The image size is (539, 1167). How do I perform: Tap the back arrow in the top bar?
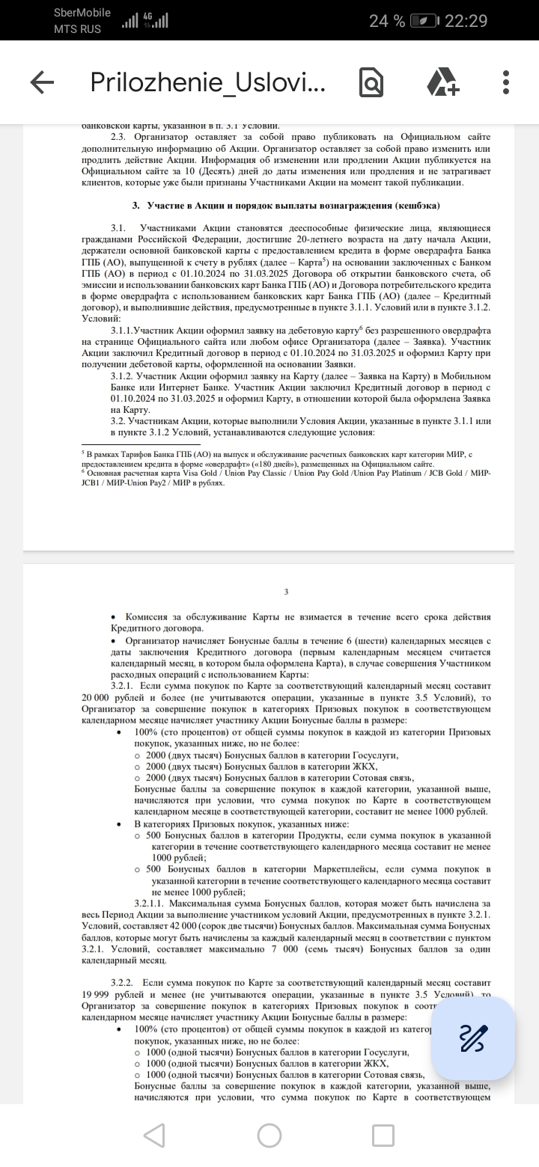(x=42, y=82)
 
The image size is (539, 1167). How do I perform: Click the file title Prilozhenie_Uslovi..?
(x=207, y=82)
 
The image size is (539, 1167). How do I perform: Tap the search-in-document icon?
(x=371, y=82)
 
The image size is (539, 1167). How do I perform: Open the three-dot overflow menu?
(x=507, y=82)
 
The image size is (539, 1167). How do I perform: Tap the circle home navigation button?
(x=269, y=1136)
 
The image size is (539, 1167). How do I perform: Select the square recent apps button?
(x=383, y=1136)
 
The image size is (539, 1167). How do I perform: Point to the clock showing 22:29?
(x=466, y=21)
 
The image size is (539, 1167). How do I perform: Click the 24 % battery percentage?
(x=387, y=21)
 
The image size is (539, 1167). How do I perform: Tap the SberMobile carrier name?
(x=82, y=13)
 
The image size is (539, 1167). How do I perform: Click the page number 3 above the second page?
(x=286, y=592)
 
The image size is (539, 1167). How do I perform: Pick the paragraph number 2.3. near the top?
(x=118, y=137)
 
